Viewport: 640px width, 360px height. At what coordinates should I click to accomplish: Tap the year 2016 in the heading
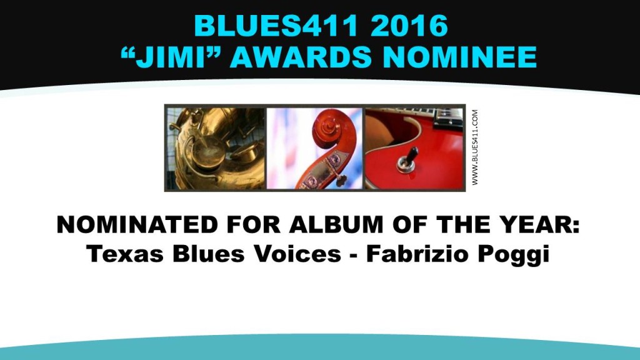coord(409,26)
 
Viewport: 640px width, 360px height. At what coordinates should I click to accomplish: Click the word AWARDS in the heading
coord(301,57)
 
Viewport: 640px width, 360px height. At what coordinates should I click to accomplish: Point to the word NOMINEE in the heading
coord(459,57)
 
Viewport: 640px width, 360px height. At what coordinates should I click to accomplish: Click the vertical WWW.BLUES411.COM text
coord(475,147)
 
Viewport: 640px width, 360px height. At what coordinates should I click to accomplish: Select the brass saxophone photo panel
coord(216,148)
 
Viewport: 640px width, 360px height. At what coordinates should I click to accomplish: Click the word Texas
coord(125,254)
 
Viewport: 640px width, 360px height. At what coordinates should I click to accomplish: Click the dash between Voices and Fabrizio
coord(354,256)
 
